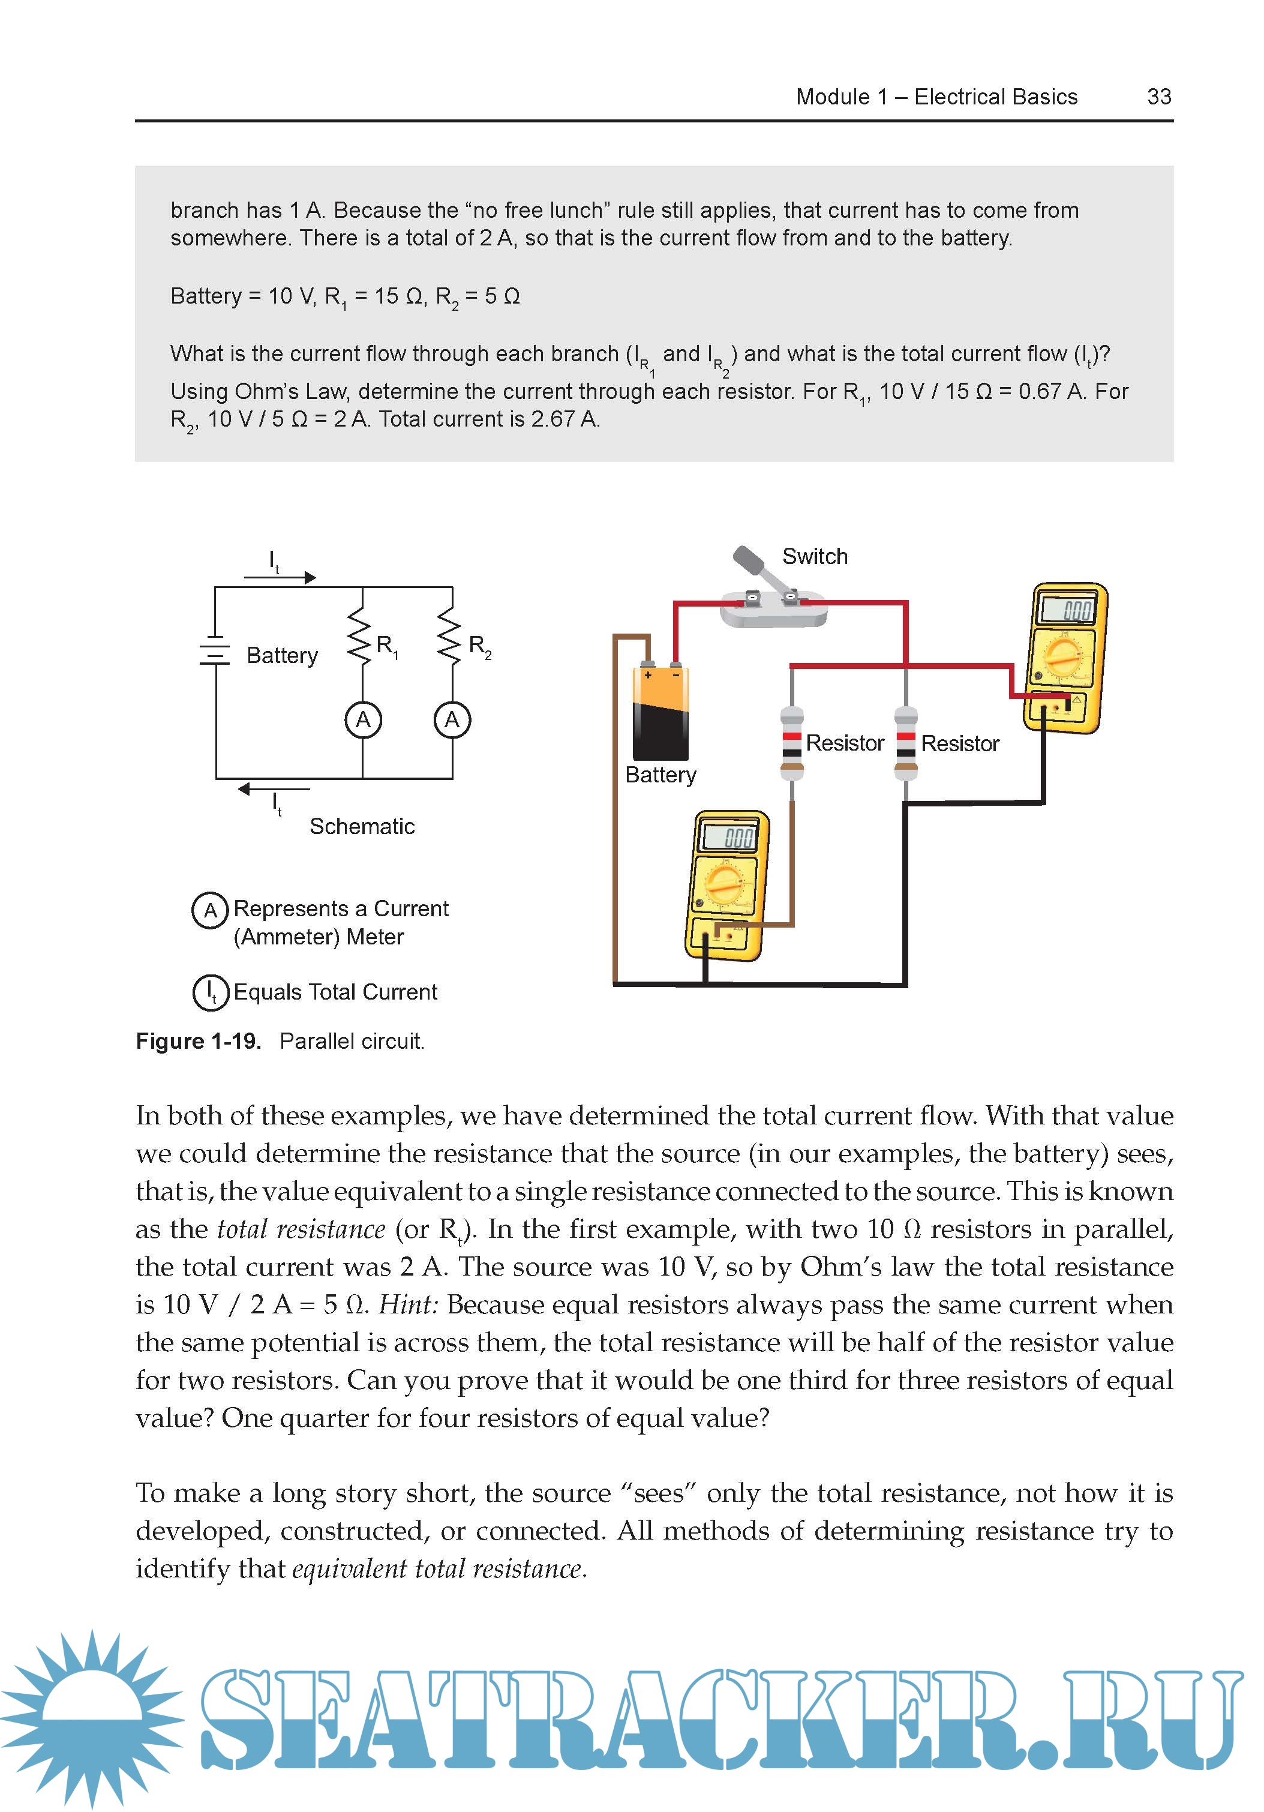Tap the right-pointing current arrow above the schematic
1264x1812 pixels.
280,577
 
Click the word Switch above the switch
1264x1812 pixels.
814,556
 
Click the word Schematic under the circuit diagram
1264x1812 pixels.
361,826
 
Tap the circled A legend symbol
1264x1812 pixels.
210,910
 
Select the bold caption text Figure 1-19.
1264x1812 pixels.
198,1041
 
